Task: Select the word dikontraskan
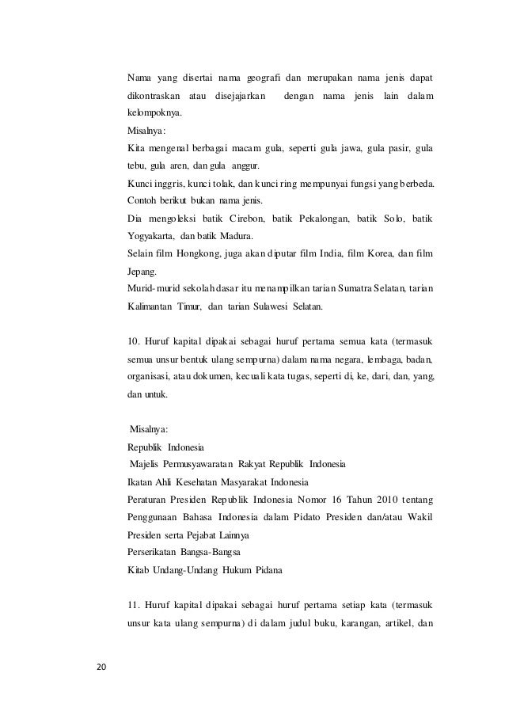click(x=154, y=96)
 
